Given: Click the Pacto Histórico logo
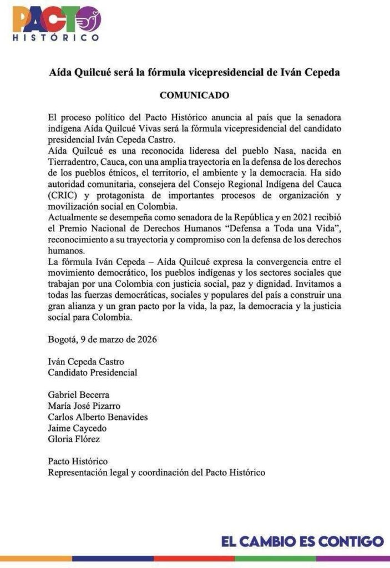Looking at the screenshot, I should click(x=55, y=23).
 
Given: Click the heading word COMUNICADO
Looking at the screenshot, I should click(x=194, y=95).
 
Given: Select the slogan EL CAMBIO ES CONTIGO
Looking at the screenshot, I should click(x=302, y=541).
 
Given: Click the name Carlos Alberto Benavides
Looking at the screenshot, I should click(x=98, y=417).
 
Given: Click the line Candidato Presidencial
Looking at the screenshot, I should click(x=92, y=373).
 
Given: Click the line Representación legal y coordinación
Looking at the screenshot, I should click(x=156, y=473).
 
